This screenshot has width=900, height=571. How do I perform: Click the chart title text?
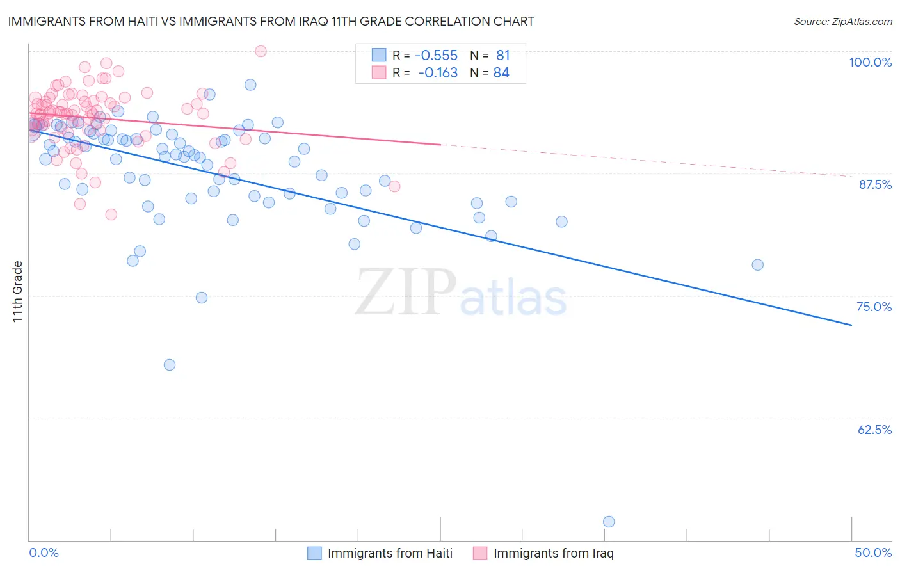271,21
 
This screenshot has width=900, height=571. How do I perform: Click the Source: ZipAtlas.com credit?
842,21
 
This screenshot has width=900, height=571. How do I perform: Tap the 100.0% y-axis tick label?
870,62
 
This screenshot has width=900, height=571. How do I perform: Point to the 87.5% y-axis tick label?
875,184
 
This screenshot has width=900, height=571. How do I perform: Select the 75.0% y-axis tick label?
874,307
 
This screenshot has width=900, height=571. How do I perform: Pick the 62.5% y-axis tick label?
874,430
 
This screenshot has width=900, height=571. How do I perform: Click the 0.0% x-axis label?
44,552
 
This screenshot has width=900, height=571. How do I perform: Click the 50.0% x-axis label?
873,552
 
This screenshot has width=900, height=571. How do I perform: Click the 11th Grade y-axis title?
17,291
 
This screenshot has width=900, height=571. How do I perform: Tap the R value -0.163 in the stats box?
438,73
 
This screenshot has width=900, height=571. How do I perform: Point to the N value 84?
501,73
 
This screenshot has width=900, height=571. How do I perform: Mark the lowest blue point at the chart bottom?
609,522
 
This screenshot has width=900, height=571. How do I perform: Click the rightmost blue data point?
757,265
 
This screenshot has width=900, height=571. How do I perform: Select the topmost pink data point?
261,51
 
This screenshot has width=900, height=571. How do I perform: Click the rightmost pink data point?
394,186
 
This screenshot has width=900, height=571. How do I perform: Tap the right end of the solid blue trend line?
851,325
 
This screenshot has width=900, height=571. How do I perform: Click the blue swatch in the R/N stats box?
379,56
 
